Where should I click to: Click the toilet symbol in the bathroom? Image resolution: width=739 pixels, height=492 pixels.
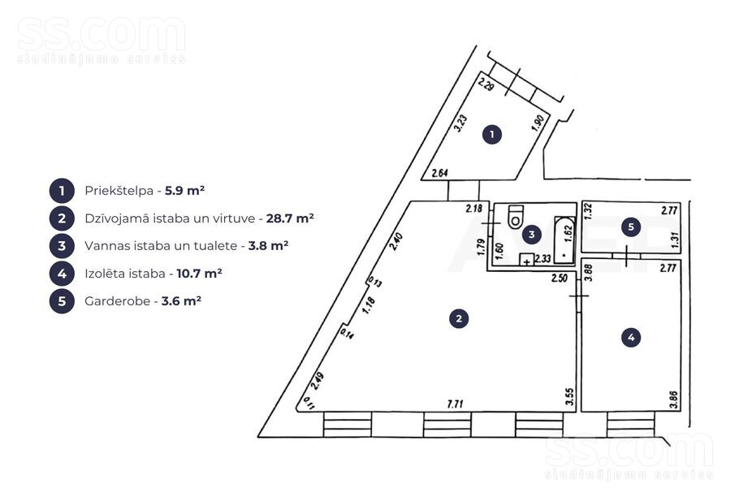515,218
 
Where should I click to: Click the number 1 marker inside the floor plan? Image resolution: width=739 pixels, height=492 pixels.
491,135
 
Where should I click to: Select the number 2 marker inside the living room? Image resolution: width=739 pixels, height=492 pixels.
459,319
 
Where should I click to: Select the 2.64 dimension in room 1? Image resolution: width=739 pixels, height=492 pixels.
440,172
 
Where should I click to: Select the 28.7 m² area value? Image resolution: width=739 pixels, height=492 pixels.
290,218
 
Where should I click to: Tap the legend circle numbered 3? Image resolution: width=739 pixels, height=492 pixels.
62,245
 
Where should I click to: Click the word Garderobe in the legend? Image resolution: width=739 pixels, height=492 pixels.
117,300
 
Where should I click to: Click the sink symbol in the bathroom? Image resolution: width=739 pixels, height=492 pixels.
526,261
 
